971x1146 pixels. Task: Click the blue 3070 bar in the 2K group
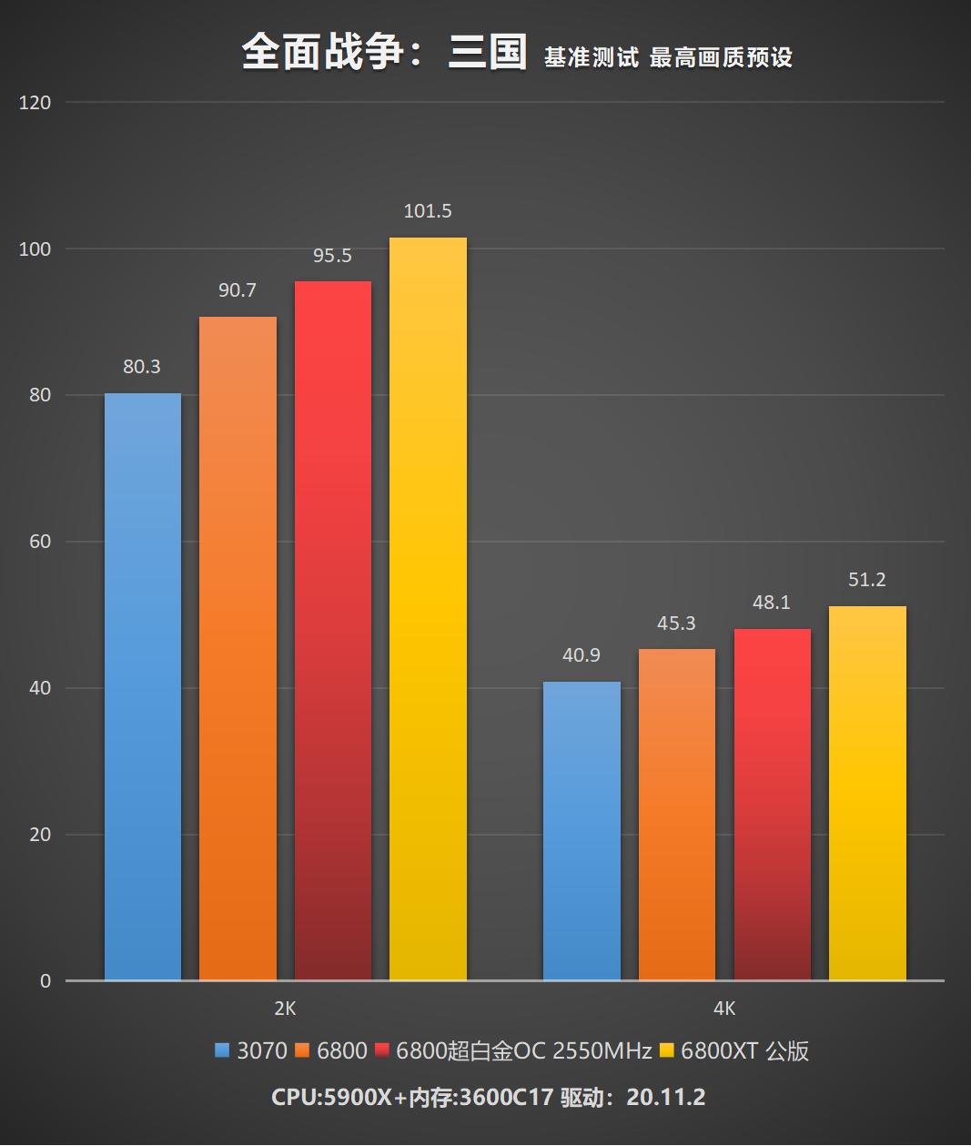coord(143,687)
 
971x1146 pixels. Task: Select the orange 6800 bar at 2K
coord(238,648)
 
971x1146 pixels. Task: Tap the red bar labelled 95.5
coord(333,631)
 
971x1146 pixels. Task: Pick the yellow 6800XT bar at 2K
coord(428,609)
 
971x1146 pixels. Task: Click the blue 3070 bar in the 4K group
coord(582,831)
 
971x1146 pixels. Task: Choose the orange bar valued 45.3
coord(676,815)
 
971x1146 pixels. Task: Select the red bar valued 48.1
coord(772,805)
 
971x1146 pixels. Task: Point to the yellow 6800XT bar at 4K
coord(867,794)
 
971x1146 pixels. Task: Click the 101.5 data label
coord(428,211)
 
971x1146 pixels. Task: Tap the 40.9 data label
coord(582,655)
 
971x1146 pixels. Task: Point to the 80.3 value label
coord(142,367)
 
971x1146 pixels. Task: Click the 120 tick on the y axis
coord(35,103)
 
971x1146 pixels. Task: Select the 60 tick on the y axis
coord(39,542)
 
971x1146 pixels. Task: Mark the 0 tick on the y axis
coord(46,981)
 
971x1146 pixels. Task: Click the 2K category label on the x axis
coord(285,1009)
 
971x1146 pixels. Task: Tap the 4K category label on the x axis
coord(724,1009)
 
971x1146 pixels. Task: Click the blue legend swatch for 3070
coord(222,1051)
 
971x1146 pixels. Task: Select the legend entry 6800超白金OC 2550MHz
coord(523,1051)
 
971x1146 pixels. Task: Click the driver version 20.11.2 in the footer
coord(665,1097)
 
